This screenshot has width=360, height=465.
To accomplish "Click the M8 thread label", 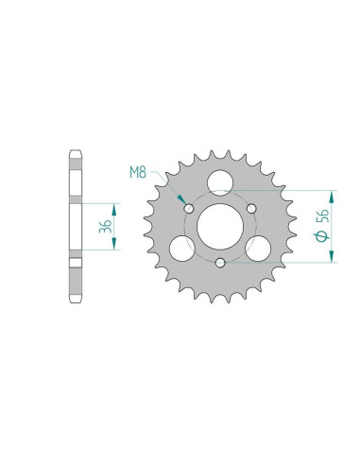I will [138, 174].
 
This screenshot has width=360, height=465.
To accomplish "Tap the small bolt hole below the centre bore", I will [219, 262].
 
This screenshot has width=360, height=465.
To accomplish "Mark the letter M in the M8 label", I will [133, 174].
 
